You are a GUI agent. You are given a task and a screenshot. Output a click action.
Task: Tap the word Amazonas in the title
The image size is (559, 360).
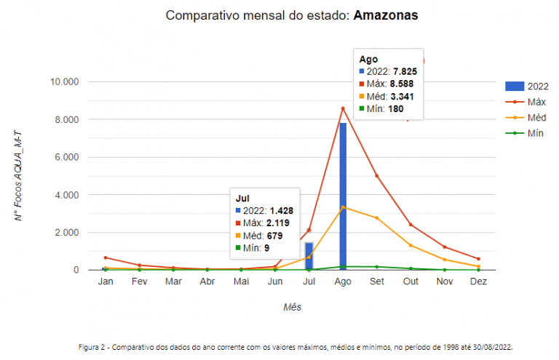pos(386,15)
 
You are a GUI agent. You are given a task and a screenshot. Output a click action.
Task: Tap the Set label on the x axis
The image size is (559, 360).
pos(376,281)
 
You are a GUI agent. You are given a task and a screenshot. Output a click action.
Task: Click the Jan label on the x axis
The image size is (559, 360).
pos(106,281)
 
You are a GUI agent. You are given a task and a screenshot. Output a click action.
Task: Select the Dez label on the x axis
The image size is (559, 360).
pos(478,281)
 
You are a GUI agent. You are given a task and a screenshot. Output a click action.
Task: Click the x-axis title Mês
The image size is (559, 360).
pos(292,307)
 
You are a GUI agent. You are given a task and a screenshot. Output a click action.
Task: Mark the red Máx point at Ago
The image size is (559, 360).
pos(343,108)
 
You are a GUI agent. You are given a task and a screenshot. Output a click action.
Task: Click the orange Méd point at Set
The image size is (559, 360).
pos(376,218)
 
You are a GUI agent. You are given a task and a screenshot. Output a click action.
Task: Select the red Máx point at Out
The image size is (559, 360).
pos(411,224)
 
